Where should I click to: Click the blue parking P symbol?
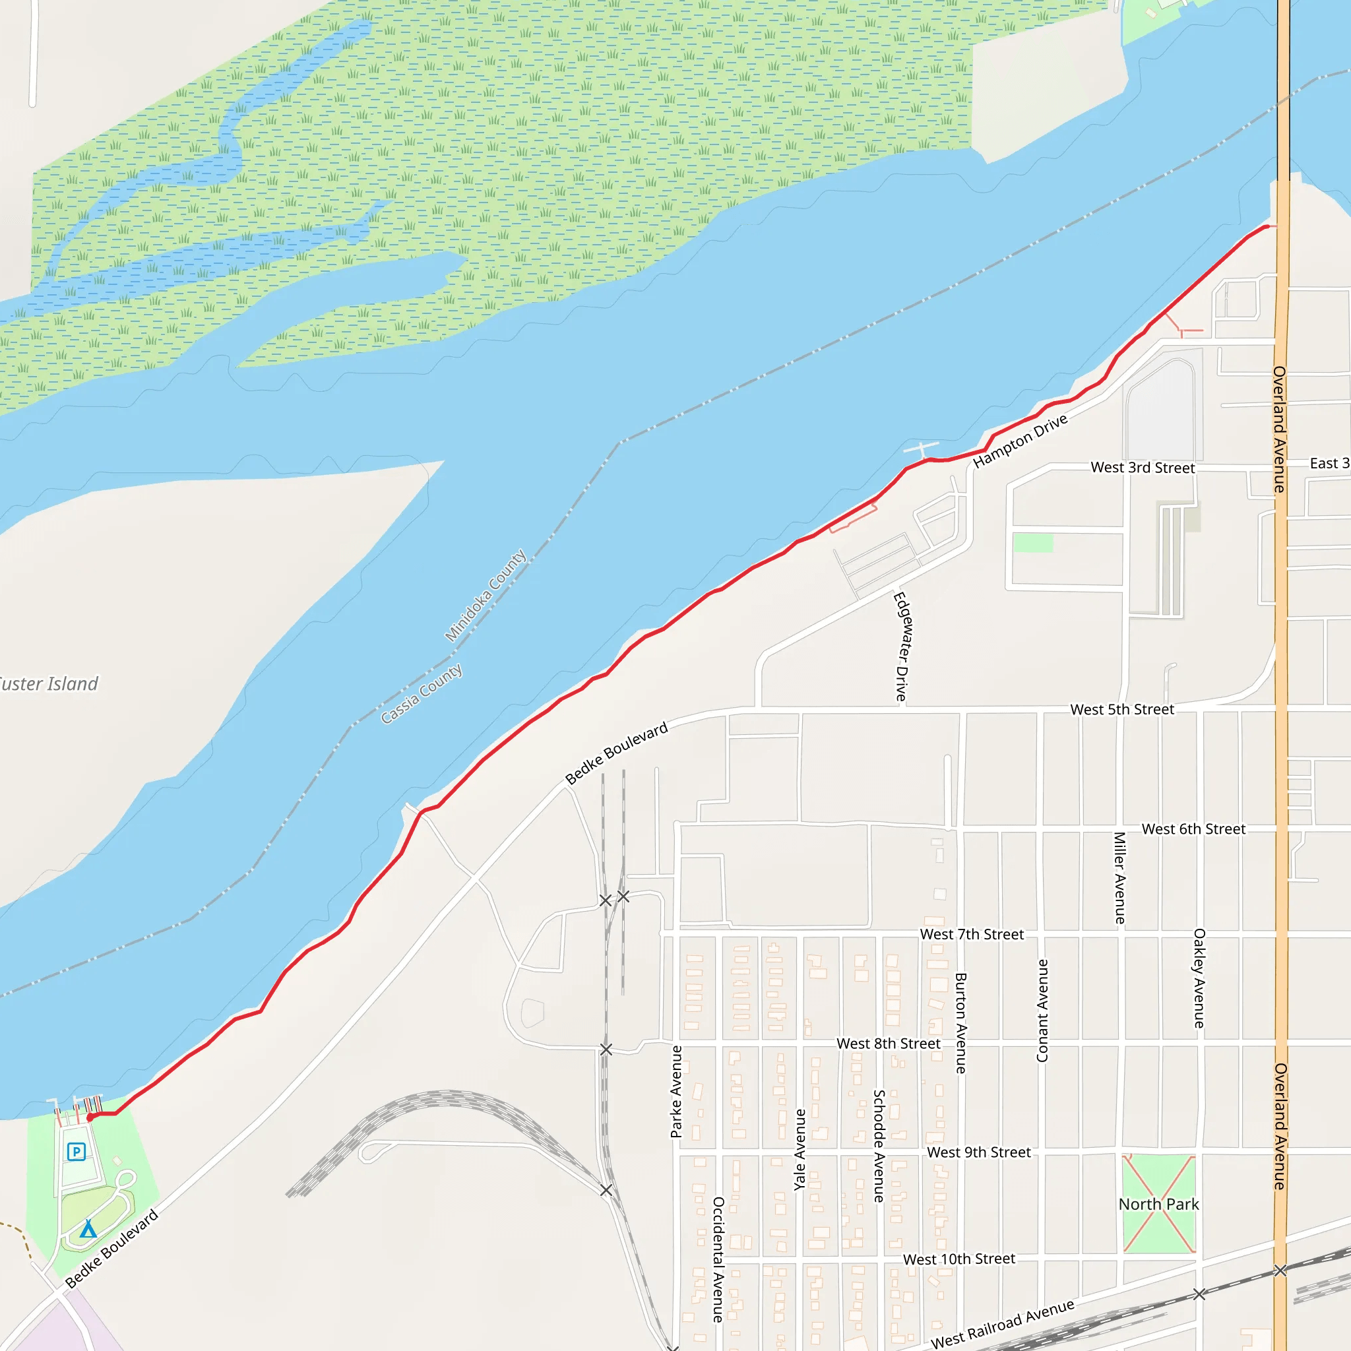click(x=77, y=1152)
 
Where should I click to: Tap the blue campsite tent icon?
click(x=88, y=1228)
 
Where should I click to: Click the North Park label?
click(x=1158, y=1204)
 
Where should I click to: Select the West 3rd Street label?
click(x=1143, y=468)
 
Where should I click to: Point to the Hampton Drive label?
click(x=1021, y=441)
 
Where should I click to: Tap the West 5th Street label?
click(x=1122, y=710)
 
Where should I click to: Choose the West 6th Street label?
click(x=1193, y=829)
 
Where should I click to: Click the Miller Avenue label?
click(x=1119, y=877)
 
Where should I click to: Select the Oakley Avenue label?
click(x=1199, y=978)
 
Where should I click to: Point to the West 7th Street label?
click(x=972, y=935)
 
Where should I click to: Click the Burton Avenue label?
click(x=960, y=1023)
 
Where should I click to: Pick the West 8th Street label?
click(x=889, y=1044)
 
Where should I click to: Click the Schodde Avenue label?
click(x=879, y=1146)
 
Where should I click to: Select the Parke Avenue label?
click(x=676, y=1092)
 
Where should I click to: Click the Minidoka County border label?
click(x=486, y=595)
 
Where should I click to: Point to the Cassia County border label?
click(x=421, y=693)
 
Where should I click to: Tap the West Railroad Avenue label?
click(x=1003, y=1324)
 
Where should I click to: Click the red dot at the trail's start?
click(x=90, y=1117)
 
